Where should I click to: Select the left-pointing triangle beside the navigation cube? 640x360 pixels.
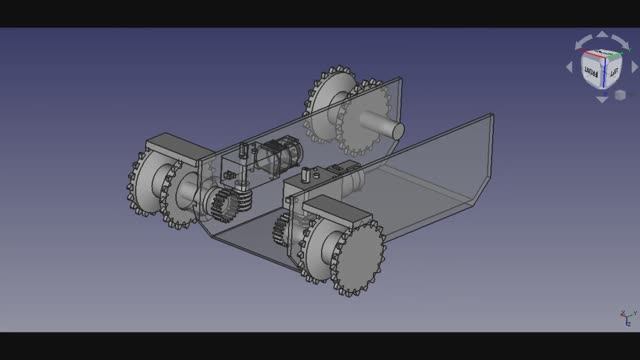click(570, 67)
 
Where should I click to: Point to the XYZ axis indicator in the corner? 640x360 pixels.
click(626, 317)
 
